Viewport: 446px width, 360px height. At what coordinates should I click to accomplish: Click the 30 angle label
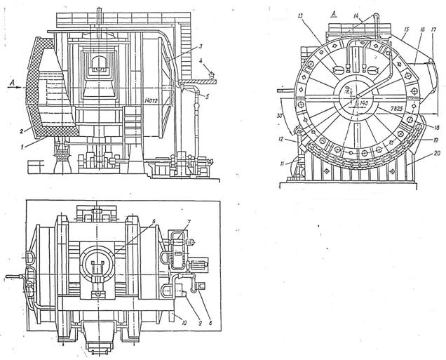[281, 116]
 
